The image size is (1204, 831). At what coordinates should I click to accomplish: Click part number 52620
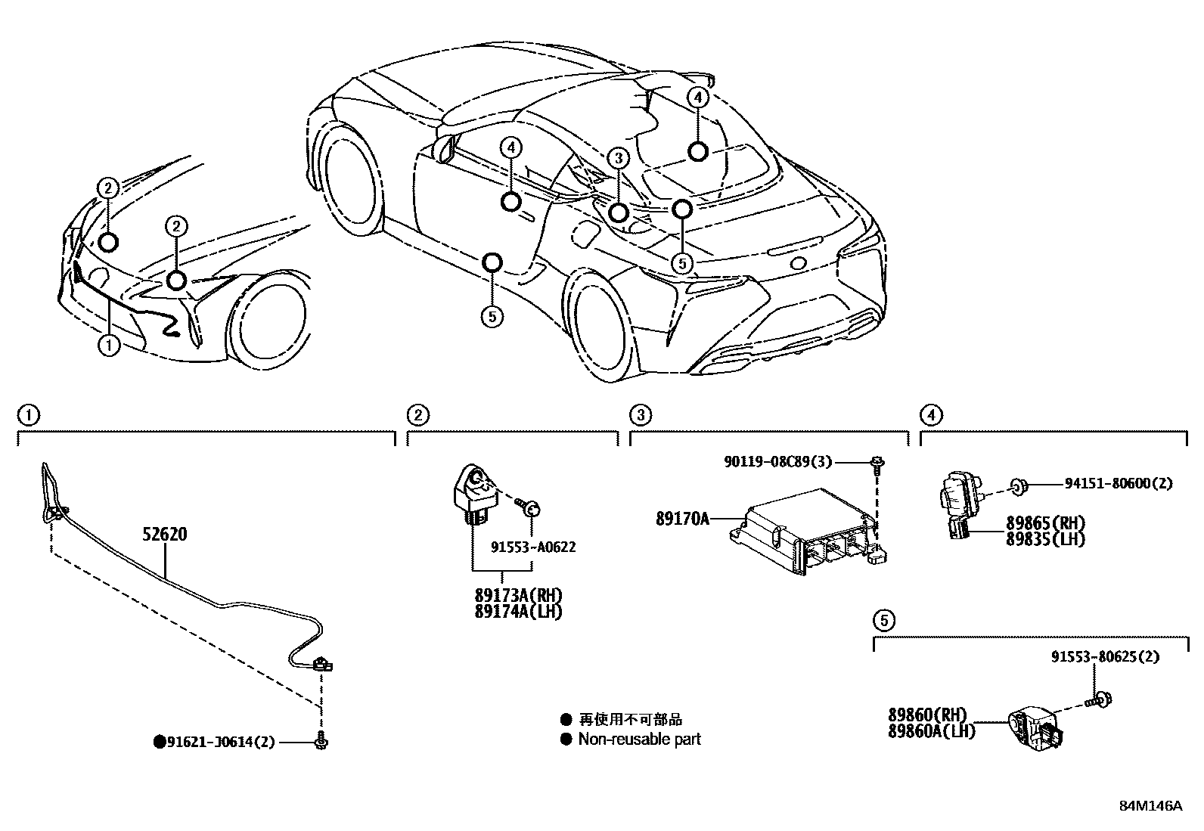click(x=164, y=535)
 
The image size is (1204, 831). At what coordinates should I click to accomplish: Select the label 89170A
click(x=682, y=519)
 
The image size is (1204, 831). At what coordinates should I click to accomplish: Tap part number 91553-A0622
click(x=532, y=547)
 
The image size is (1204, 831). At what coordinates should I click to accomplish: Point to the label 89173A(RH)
click(x=519, y=596)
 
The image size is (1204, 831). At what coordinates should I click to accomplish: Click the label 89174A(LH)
click(x=519, y=611)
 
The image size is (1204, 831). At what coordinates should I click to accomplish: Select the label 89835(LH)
click(x=1045, y=538)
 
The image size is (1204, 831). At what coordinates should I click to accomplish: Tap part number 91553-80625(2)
click(x=1104, y=657)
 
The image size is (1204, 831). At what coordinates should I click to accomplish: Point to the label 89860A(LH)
click(x=930, y=730)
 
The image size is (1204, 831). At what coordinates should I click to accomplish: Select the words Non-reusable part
click(x=639, y=740)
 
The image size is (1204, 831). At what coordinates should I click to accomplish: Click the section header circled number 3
click(x=640, y=414)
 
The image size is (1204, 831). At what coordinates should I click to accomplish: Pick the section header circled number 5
click(x=883, y=621)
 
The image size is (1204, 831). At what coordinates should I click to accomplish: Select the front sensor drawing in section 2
click(x=474, y=491)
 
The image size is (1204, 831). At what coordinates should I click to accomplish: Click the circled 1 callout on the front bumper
click(x=109, y=346)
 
